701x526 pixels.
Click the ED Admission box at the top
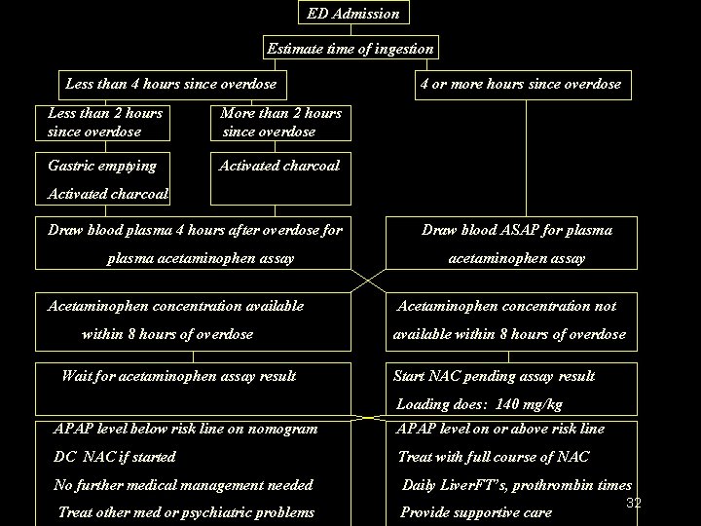(352, 14)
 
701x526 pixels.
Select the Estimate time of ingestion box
(350, 48)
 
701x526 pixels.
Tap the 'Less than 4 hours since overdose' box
(170, 84)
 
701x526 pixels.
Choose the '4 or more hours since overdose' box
(520, 84)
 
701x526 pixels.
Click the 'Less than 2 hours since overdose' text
(105, 122)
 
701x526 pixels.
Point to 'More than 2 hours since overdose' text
(281, 122)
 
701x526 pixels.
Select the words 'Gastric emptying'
(101, 166)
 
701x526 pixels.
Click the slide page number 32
(634, 503)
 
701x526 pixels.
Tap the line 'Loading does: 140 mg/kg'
(478, 404)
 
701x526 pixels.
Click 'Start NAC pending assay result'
(493, 376)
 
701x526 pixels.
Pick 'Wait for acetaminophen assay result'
(178, 376)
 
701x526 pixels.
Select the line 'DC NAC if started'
(115, 457)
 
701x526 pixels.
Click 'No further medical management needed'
(184, 485)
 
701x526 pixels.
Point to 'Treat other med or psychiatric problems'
(186, 512)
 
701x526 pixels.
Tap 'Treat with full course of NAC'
(494, 457)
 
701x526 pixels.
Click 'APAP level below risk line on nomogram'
(186, 429)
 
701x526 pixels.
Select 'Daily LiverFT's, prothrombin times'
(517, 485)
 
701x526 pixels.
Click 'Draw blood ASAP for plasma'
(516, 231)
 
